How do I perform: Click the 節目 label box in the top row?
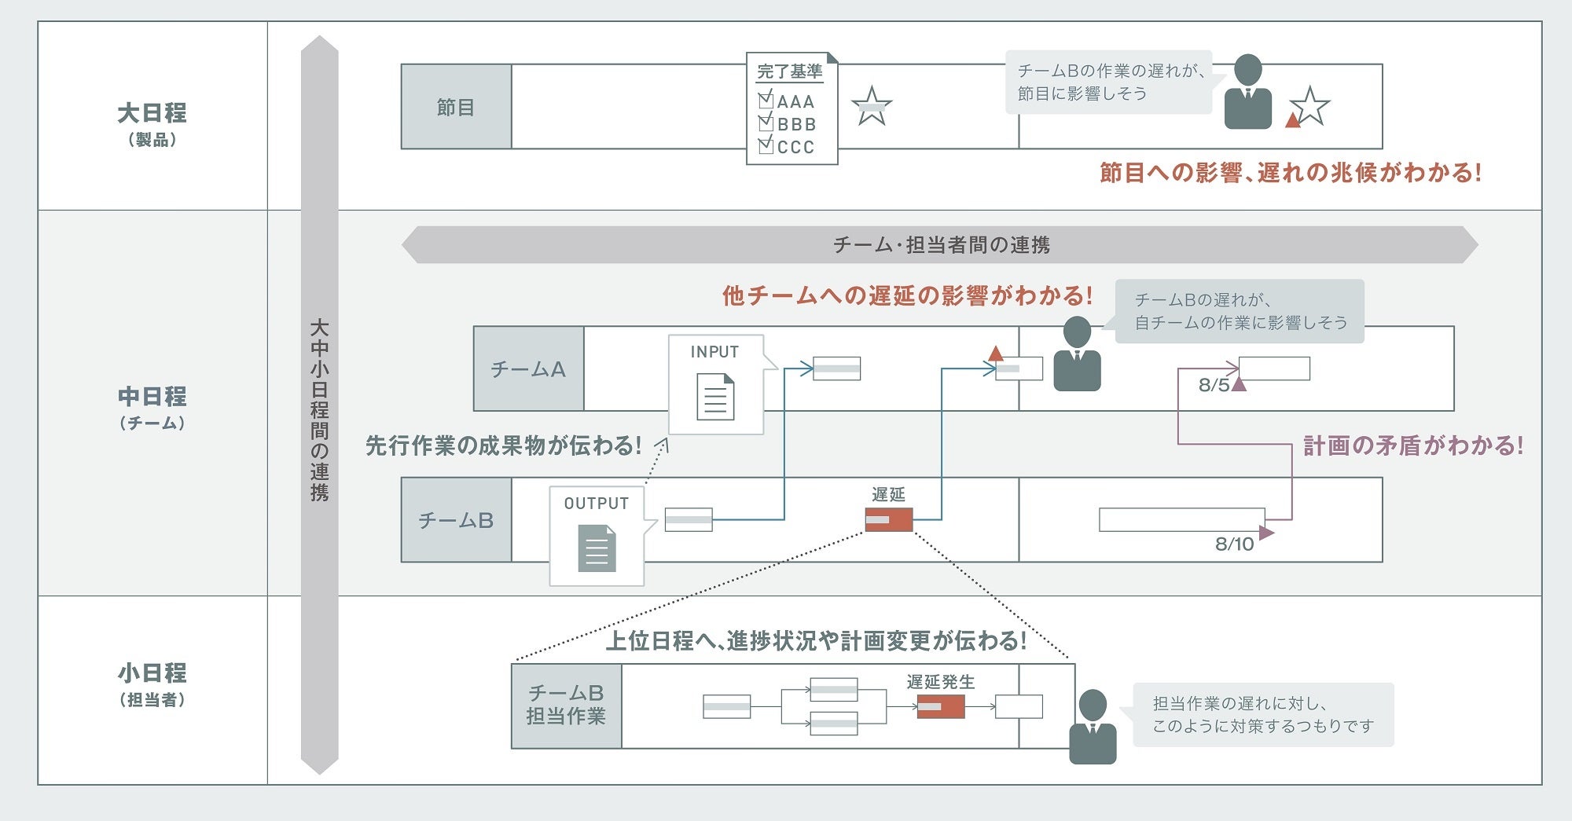[x=456, y=107]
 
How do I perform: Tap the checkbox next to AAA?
[x=766, y=100]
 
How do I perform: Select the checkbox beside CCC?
[x=766, y=145]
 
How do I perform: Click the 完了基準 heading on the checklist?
[x=789, y=71]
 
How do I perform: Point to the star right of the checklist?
[x=871, y=106]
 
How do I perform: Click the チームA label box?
[x=528, y=368]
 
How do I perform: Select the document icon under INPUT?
[x=715, y=397]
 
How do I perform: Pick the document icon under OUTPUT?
[x=597, y=548]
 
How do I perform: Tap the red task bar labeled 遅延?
[x=888, y=519]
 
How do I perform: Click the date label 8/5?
[x=1214, y=385]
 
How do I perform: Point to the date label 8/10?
[x=1234, y=544]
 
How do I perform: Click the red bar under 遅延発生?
[x=940, y=706]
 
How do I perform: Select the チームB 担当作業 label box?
[x=566, y=706]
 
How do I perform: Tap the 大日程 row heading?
[x=152, y=113]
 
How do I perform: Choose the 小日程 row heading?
[x=152, y=673]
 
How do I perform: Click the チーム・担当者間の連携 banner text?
[x=941, y=245]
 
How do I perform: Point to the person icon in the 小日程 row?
[x=1093, y=727]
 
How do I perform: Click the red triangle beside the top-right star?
[x=1292, y=120]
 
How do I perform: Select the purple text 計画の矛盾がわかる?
[x=1412, y=446]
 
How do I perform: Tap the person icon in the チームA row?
[x=1077, y=354]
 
